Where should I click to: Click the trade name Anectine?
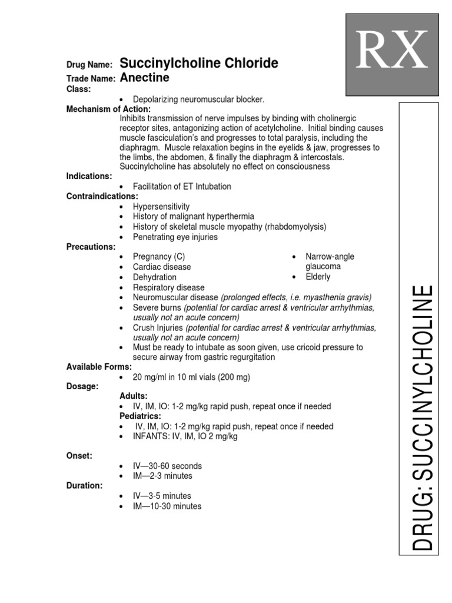point(144,77)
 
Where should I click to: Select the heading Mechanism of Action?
point(108,109)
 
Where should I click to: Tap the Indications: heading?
point(89,176)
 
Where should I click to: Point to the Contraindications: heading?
point(102,196)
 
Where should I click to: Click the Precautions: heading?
point(91,246)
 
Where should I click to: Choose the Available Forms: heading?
point(98,367)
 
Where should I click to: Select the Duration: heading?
point(84,485)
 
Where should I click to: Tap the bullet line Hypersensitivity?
point(161,207)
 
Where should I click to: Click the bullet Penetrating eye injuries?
point(175,237)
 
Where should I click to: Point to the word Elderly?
point(318,277)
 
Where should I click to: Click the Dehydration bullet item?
point(154,277)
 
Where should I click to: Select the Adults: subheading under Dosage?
point(134,396)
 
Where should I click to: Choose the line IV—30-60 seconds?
point(167,466)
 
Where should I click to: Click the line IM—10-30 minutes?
point(167,506)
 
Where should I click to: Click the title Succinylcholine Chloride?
point(199,64)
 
